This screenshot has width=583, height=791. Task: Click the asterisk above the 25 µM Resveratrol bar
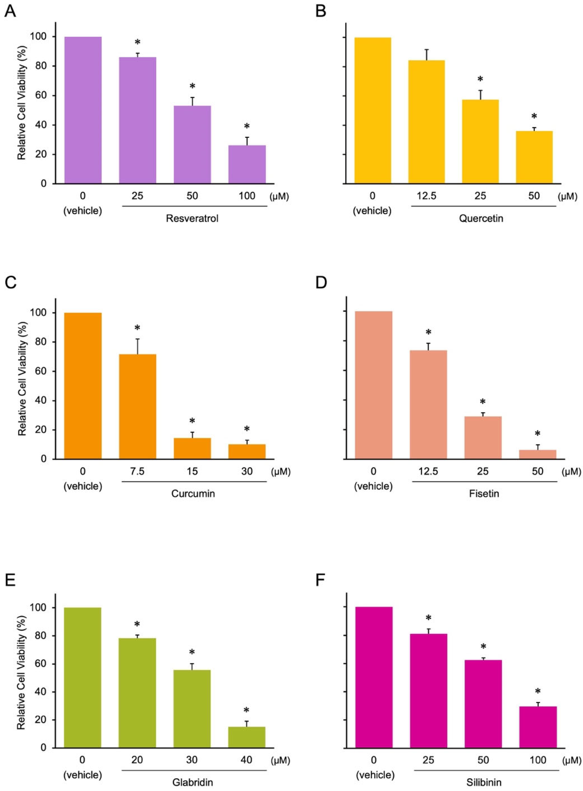click(137, 42)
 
